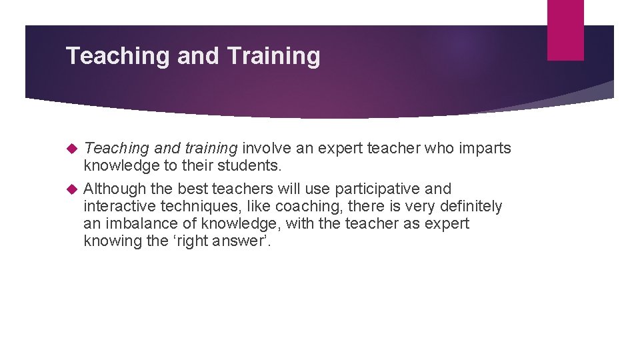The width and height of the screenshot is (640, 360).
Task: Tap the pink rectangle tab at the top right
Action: (x=565, y=30)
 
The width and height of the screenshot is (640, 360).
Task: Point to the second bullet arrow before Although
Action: (x=73, y=189)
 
